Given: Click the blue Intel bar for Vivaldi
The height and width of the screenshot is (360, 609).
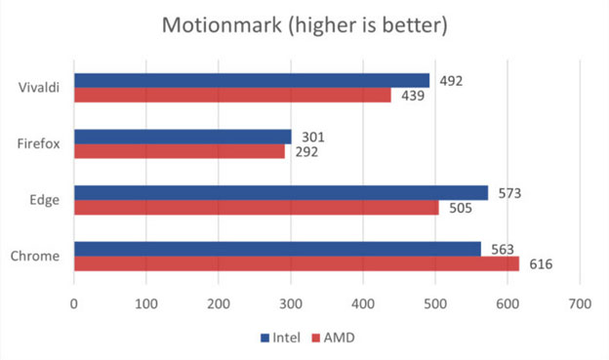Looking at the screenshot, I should (252, 80).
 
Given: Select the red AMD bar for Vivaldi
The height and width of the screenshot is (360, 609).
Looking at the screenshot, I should (232, 95).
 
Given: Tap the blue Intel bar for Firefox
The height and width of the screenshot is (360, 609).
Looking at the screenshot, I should (183, 137).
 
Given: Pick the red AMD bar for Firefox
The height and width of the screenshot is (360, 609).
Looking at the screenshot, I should (180, 151).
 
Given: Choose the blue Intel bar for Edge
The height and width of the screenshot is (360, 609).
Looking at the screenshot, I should (281, 193).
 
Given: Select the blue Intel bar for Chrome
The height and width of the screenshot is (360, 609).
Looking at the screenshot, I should (277, 249).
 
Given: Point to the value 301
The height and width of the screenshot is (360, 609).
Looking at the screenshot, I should (310, 137).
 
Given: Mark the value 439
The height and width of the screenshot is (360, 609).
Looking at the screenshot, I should (410, 95).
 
